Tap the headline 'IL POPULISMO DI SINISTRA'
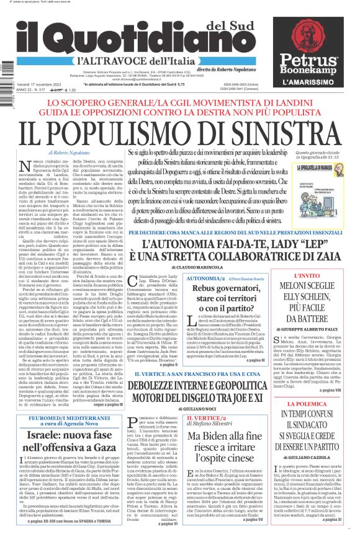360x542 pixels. [181, 131]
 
